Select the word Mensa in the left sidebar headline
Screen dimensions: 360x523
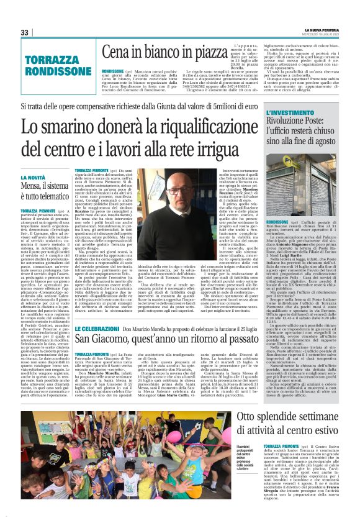coord(34,186)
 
